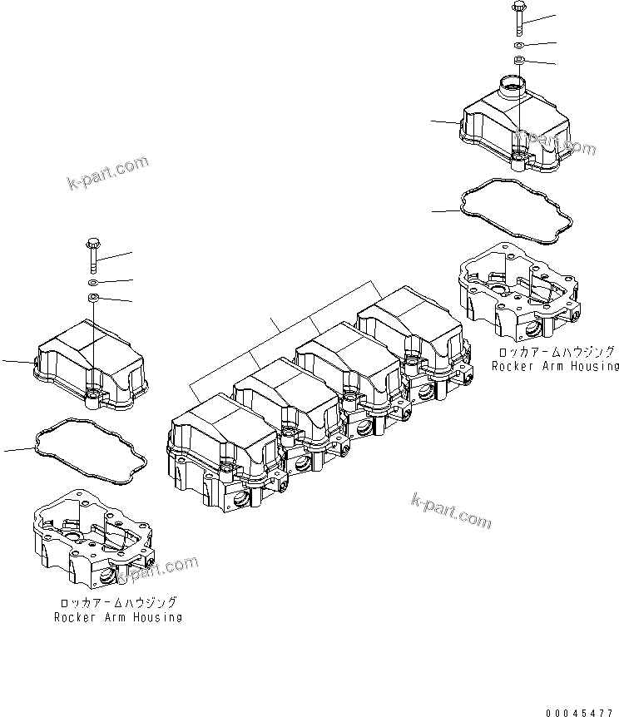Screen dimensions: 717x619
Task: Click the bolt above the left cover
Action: click(x=92, y=254)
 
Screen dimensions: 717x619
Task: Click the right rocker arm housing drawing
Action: click(x=516, y=287)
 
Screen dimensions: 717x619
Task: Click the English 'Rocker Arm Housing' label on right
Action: click(x=555, y=366)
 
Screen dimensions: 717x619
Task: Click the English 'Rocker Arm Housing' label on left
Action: click(x=117, y=617)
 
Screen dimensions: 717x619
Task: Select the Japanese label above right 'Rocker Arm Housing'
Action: click(x=555, y=352)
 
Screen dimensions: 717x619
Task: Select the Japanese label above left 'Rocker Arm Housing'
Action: click(x=117, y=603)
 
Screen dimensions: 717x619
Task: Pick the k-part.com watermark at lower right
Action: click(x=451, y=509)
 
